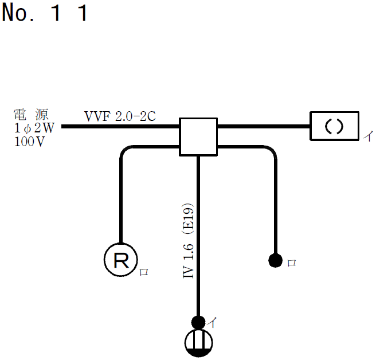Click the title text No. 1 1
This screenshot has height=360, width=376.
tap(45, 13)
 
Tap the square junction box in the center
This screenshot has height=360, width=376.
tap(198, 137)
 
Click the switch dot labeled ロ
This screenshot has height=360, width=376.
tap(275, 261)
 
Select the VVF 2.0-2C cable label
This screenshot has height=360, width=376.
tap(120, 116)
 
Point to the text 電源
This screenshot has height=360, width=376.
tap(29, 114)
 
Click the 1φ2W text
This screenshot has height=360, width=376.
tap(33, 127)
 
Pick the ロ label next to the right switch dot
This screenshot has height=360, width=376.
tap(291, 263)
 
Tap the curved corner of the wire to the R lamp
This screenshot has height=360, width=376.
tap(125, 152)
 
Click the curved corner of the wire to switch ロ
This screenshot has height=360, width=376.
tap(271, 152)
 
